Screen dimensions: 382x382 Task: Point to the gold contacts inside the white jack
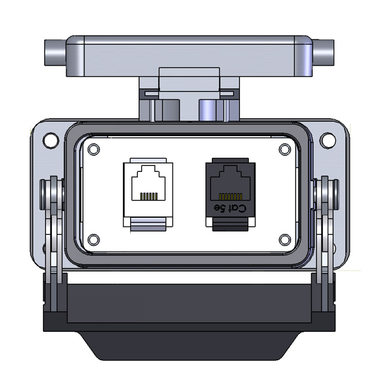coord(148,196)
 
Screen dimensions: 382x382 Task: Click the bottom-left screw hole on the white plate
coord(94,239)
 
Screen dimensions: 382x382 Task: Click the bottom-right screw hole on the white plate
coord(285,239)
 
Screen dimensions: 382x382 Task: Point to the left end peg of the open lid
coord(54,55)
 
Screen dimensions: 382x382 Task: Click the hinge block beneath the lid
coord(190,95)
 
